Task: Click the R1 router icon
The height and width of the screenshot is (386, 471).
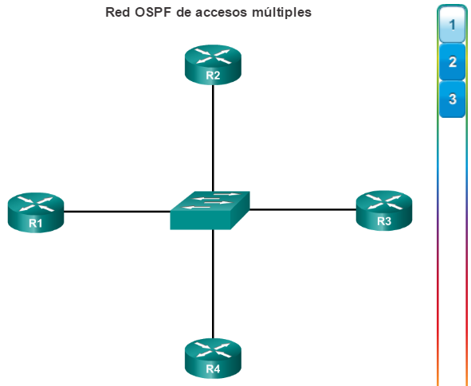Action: pyautogui.click(x=36, y=212)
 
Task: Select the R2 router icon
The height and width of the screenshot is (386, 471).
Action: pyautogui.click(x=213, y=64)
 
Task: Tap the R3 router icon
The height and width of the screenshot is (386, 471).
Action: pyautogui.click(x=384, y=210)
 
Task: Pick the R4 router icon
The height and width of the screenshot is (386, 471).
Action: pyautogui.click(x=213, y=358)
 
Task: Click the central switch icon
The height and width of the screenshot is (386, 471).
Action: pyautogui.click(x=210, y=210)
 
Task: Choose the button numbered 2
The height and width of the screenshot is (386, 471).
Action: pyautogui.click(x=452, y=62)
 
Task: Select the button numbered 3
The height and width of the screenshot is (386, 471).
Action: pyautogui.click(x=452, y=99)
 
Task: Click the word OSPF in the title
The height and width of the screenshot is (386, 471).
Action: pyautogui.click(x=153, y=13)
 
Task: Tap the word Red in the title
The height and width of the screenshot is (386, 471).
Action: pyautogui.click(x=118, y=13)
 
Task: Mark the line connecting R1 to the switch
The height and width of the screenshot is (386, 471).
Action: pyautogui.click(x=117, y=212)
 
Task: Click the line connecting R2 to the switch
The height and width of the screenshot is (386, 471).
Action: pyautogui.click(x=213, y=138)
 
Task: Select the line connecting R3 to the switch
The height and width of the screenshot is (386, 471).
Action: pyautogui.click(x=303, y=209)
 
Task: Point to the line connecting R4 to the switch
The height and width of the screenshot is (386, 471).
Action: pyautogui.click(x=213, y=284)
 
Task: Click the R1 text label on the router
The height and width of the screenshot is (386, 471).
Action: pyautogui.click(x=35, y=223)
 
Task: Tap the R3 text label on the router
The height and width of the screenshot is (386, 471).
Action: pyautogui.click(x=384, y=221)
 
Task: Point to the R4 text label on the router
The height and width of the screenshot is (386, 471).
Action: pyautogui.click(x=213, y=369)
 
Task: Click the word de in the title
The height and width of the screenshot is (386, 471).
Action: pyautogui.click(x=184, y=13)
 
